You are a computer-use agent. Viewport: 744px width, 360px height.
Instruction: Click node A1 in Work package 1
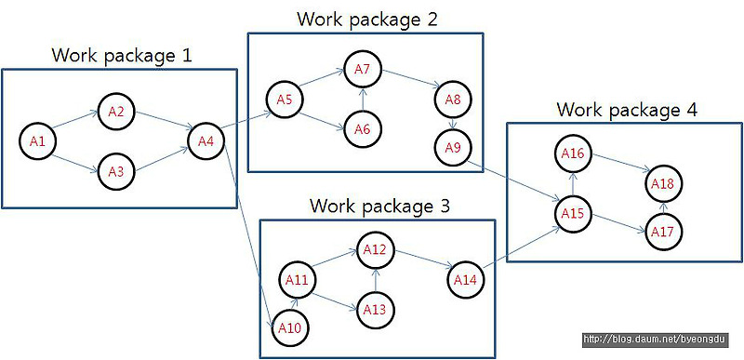(37, 141)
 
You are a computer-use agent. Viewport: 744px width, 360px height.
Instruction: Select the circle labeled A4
(206, 141)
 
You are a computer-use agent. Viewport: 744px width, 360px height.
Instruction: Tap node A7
(363, 70)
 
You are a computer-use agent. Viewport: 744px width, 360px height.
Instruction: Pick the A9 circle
(453, 146)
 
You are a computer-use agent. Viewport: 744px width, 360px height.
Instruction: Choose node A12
(375, 249)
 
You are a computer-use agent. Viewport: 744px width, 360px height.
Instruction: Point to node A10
(288, 327)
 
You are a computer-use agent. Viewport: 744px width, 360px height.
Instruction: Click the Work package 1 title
(122, 55)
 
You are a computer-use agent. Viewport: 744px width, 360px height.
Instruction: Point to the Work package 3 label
(379, 206)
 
